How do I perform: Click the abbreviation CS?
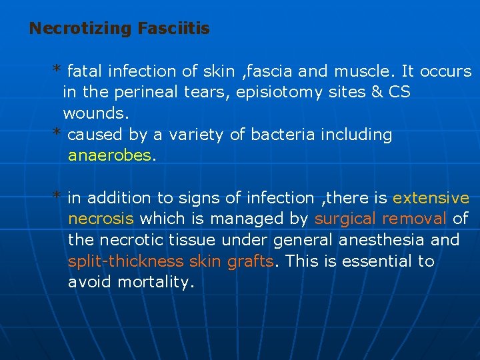[x=399, y=92]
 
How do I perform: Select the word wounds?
[x=95, y=113]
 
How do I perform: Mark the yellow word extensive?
[x=431, y=198]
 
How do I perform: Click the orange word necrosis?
[x=101, y=219]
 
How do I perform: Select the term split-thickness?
[x=126, y=261]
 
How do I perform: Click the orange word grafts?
[x=250, y=261]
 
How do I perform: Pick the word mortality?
[x=155, y=283]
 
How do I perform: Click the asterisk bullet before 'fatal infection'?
[x=58, y=69]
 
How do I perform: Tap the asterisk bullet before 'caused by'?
[x=58, y=133]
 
